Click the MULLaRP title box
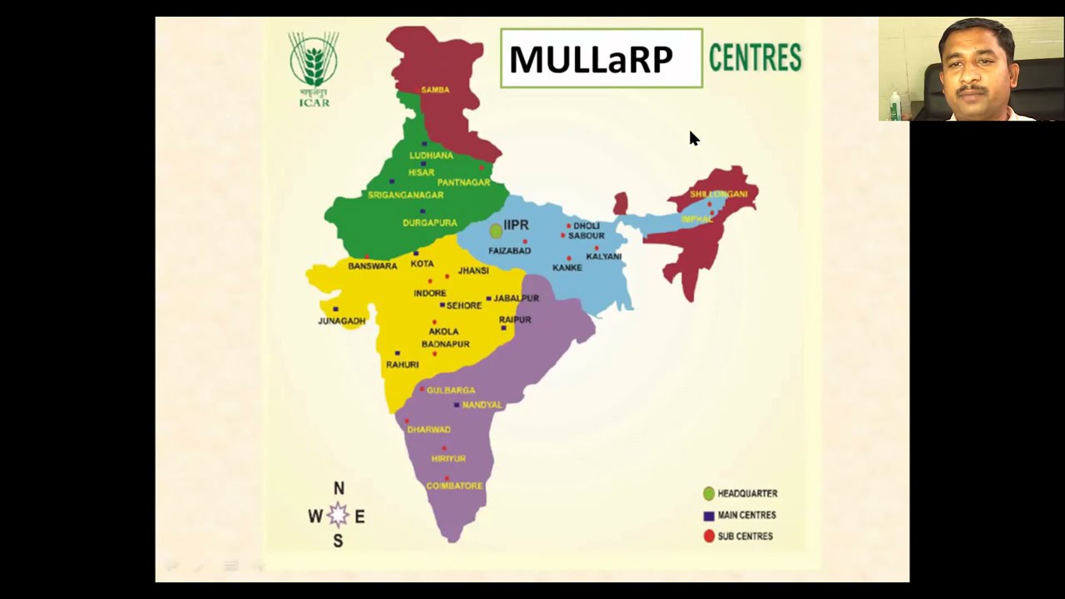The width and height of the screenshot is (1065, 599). [601, 58]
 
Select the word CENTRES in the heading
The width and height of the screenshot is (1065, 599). [755, 58]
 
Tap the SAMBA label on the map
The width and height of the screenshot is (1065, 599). [435, 90]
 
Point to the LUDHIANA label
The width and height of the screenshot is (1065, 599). [431, 156]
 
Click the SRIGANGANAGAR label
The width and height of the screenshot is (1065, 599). [405, 195]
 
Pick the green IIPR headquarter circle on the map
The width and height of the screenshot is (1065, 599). [496, 230]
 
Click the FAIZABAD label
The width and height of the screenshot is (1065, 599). [509, 250]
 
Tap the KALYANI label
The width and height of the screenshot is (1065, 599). [603, 256]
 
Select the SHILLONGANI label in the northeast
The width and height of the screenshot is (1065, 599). [718, 194]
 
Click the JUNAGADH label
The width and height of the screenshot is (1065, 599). [341, 321]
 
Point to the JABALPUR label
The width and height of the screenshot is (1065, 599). [516, 298]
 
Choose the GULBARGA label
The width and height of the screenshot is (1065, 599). [450, 390]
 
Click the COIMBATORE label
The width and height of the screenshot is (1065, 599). [454, 486]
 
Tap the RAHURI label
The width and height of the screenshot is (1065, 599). [402, 364]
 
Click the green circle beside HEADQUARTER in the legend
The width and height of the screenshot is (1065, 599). [709, 493]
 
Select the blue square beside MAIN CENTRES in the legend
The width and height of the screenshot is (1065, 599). [709, 516]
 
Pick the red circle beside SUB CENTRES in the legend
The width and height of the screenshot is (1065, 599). [709, 537]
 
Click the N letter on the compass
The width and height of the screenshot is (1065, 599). [339, 488]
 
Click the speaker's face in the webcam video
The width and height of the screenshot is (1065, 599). [972, 71]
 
